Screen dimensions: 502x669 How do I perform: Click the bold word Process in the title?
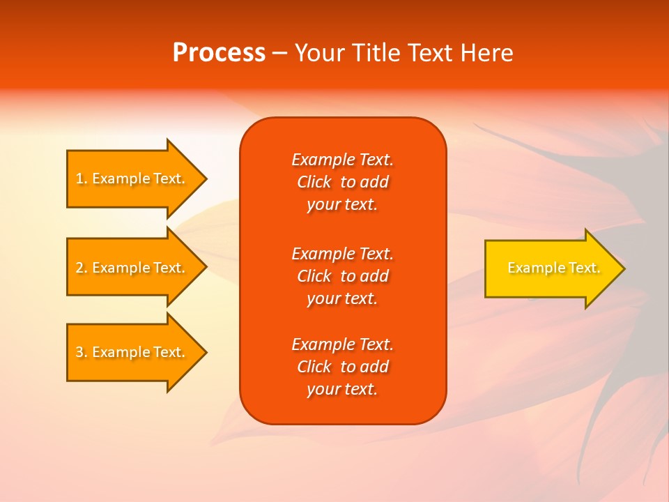tap(219, 53)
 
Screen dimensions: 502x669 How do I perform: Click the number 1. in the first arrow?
tap(82, 178)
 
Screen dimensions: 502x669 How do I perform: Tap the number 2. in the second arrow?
tap(82, 268)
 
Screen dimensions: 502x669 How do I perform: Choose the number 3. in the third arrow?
tap(82, 352)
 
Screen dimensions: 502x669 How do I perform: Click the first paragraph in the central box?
tap(342, 182)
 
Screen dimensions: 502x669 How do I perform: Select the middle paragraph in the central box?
tap(342, 276)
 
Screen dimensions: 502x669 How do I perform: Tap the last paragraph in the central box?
tap(342, 367)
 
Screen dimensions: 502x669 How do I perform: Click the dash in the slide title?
tap(279, 53)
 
